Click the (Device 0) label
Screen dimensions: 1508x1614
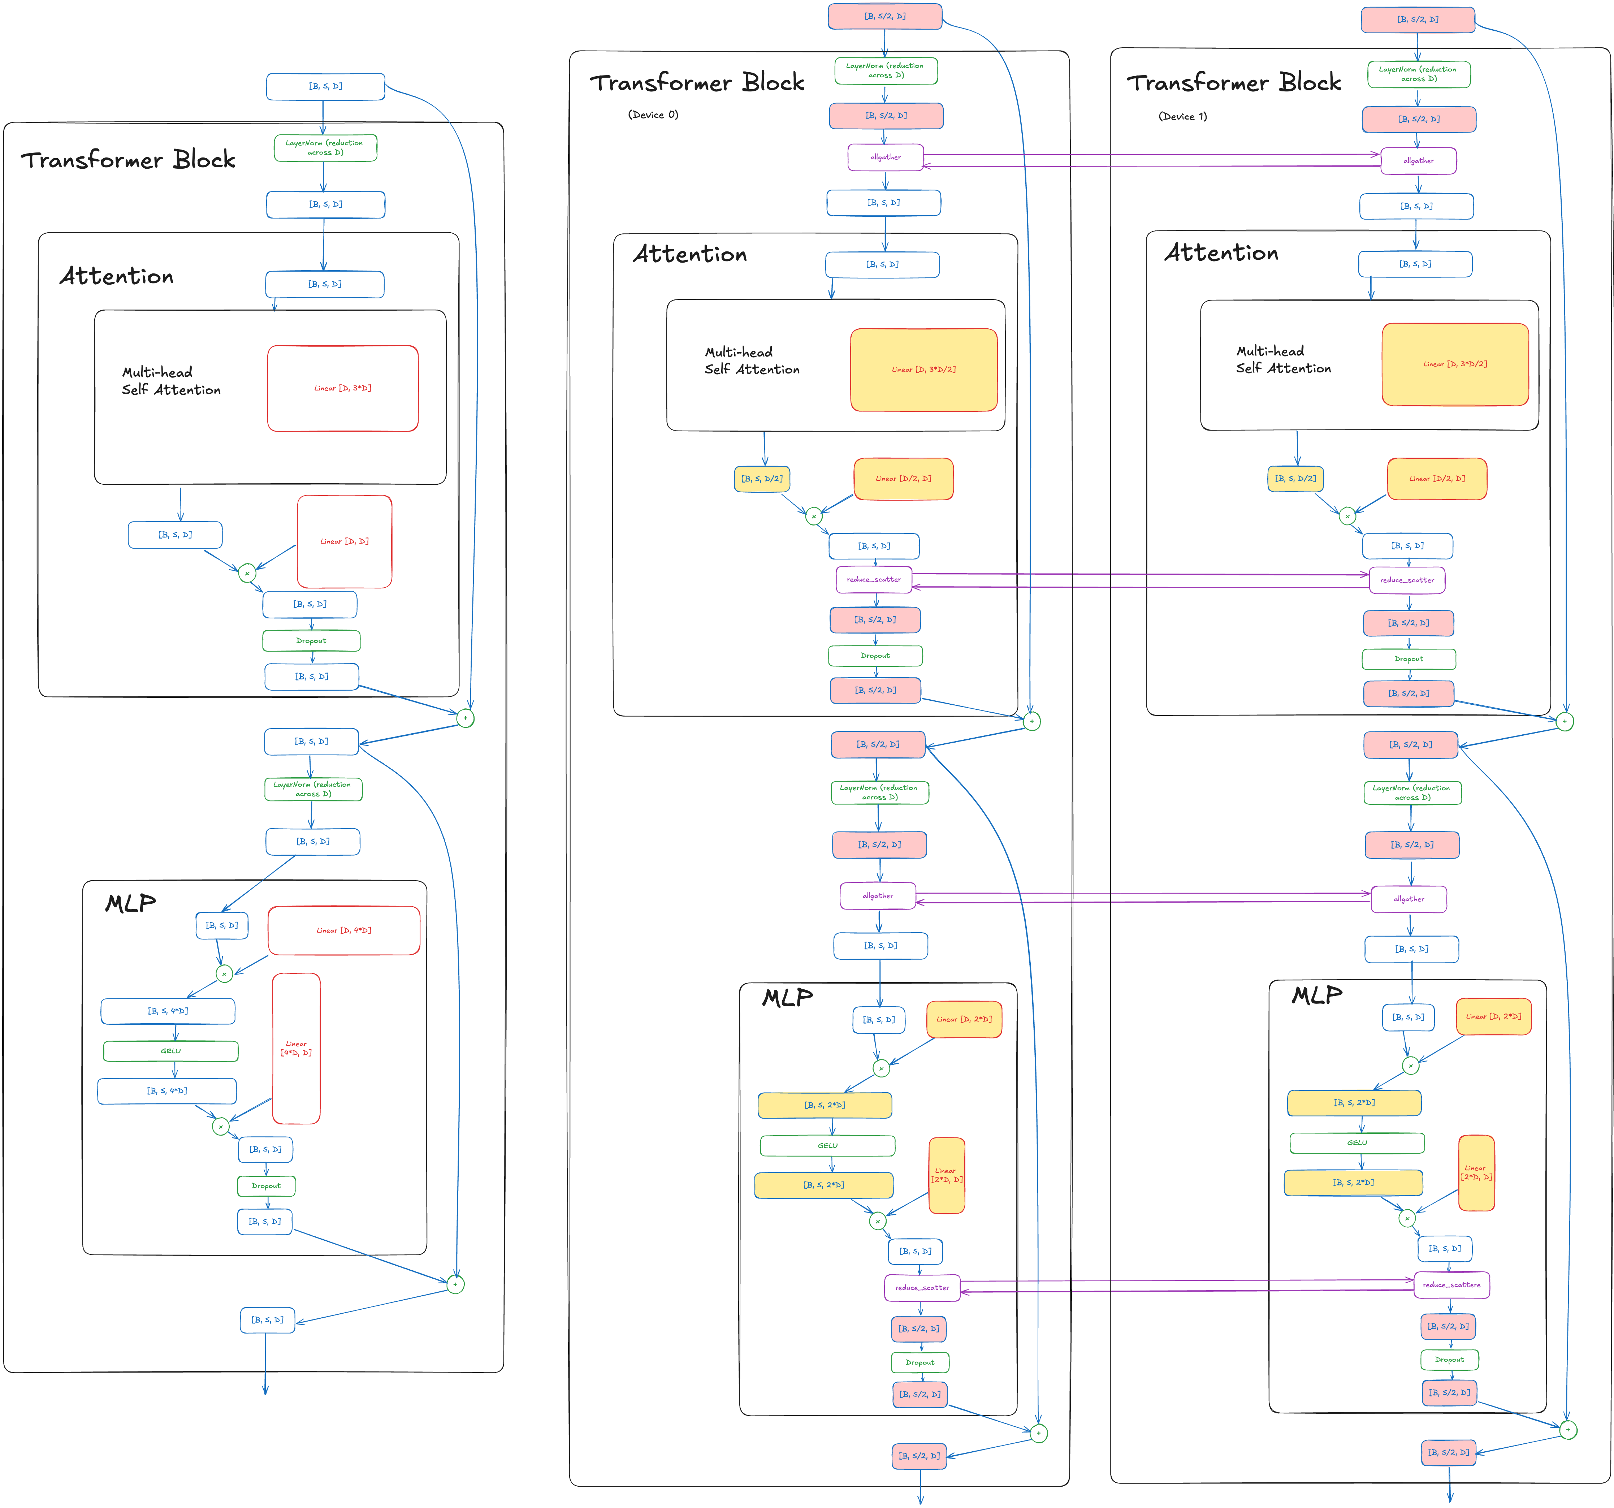click(x=653, y=114)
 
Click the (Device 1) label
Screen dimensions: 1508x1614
click(x=1182, y=116)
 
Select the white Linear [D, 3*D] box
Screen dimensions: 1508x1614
click(x=343, y=388)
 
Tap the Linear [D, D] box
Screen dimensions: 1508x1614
click(x=344, y=541)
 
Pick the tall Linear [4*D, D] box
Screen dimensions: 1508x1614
click(x=297, y=1048)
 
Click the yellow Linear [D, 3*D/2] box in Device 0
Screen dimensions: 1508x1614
click(x=923, y=370)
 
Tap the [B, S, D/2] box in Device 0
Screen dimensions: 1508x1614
click(x=762, y=478)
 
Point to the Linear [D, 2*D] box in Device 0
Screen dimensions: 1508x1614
click(x=964, y=1019)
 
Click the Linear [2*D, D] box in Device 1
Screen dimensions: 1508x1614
click(x=1476, y=1172)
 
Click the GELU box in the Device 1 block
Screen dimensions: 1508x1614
click(x=1356, y=1142)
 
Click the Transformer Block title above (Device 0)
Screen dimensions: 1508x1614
click(x=697, y=83)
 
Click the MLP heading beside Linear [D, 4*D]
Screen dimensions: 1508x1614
click(x=130, y=903)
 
